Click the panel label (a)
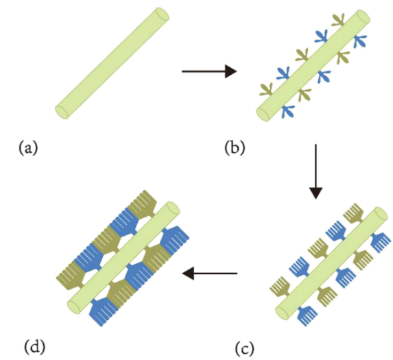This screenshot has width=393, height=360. [28, 148]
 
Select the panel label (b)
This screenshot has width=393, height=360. [235, 148]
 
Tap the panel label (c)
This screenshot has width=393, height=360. [245, 348]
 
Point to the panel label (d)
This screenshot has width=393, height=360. [35, 347]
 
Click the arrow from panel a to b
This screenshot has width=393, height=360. [209, 71]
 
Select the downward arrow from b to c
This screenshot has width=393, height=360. [315, 171]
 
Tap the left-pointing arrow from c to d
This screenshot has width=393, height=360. [210, 273]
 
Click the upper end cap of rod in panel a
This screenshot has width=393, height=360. [163, 14]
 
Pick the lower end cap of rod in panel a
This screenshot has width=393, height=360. [62, 112]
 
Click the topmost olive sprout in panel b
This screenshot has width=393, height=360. [338, 21]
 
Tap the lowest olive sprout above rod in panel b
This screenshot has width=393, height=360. [267, 91]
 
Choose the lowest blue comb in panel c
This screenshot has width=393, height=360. [307, 315]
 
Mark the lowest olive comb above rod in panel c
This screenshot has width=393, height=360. [280, 287]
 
